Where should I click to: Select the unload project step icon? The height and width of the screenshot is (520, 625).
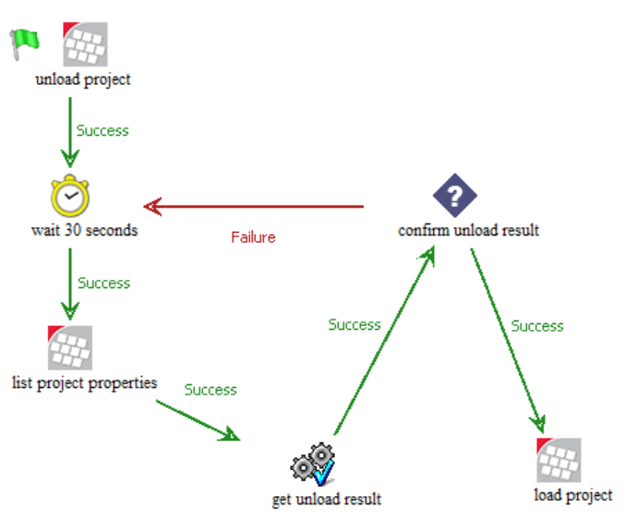[85, 44]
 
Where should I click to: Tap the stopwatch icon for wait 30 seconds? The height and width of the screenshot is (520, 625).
[70, 196]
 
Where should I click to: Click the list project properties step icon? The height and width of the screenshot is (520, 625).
[70, 347]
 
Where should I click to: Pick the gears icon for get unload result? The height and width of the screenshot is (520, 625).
[312, 465]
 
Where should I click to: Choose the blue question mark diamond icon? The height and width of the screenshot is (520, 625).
[455, 196]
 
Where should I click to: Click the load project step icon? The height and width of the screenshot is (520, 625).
[559, 460]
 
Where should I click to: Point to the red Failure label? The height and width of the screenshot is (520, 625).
[253, 237]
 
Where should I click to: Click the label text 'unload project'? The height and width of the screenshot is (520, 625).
[83, 79]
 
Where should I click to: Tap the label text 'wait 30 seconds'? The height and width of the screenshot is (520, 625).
[84, 230]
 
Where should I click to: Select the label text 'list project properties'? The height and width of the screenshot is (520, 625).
[85, 381]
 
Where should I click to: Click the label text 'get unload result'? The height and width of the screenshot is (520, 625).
[326, 500]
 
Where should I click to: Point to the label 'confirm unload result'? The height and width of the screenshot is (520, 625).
[468, 230]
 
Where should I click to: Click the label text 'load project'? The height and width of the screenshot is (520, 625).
[572, 495]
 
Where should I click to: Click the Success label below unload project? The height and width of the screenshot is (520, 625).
[102, 131]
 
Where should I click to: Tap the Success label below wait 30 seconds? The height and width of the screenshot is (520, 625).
[103, 283]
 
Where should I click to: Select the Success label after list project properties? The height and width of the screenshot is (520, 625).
[210, 390]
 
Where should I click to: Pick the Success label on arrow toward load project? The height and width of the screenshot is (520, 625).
[537, 326]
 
